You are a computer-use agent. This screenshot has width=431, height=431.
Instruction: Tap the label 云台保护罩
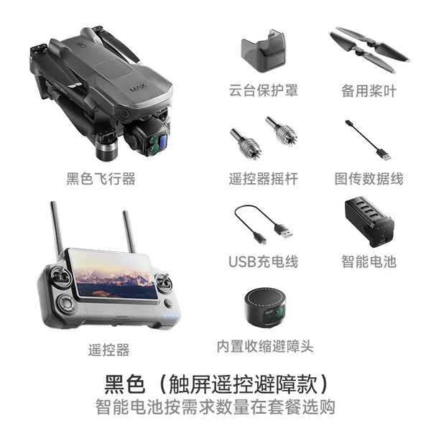click(264, 91)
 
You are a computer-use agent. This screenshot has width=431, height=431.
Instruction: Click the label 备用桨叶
click(369, 91)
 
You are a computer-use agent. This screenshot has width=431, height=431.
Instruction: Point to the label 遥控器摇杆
click(264, 178)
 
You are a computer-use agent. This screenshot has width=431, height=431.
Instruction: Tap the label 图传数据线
click(369, 178)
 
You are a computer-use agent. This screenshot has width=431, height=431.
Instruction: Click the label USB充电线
click(263, 261)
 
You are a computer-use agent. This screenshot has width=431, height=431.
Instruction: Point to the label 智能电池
click(369, 261)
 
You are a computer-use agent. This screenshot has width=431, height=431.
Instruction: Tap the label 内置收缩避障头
click(265, 346)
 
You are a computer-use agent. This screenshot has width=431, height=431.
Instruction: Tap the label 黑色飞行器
click(101, 178)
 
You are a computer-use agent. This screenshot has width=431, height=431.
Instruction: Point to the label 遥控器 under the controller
click(109, 351)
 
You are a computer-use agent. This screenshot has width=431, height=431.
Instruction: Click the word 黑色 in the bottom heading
click(126, 382)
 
